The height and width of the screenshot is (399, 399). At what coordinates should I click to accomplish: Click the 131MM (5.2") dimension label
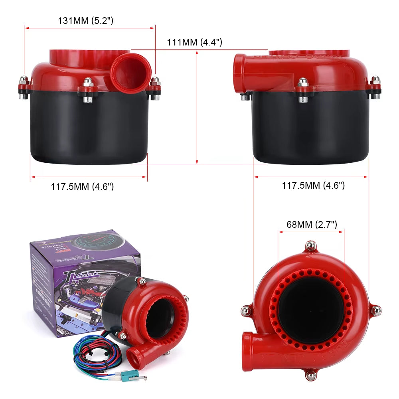(86, 21)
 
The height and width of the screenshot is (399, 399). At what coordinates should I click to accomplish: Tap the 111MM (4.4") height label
(194, 42)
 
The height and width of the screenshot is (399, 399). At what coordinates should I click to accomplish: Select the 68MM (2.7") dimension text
(312, 224)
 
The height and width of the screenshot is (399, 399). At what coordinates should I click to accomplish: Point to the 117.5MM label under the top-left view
(82, 186)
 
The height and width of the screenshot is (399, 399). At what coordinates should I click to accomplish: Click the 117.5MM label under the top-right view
(313, 185)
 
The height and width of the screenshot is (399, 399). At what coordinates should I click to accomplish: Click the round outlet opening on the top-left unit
(131, 72)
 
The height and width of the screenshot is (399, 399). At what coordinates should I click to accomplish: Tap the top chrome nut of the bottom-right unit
(310, 245)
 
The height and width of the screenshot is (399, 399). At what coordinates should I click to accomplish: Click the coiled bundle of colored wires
(96, 351)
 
